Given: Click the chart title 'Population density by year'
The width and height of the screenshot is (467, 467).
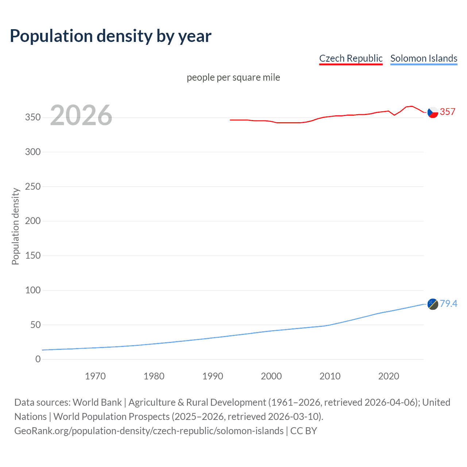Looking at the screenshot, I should tap(111, 36).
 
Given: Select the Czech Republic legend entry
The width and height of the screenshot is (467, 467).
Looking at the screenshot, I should tap(351, 58).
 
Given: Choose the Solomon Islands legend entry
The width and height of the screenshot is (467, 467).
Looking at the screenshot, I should tap(424, 58).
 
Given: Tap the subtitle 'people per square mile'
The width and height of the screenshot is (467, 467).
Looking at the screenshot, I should tap(233, 77).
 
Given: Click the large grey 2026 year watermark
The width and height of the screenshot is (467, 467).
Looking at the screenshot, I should tap(81, 115).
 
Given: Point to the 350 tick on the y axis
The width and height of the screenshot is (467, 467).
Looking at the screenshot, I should tap(33, 117).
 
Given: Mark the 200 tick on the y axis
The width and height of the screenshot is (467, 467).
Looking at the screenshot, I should tap(33, 221).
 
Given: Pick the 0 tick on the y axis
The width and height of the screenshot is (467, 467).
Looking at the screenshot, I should tap(38, 359).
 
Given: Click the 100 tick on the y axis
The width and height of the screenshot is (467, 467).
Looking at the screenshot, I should tap(33, 290).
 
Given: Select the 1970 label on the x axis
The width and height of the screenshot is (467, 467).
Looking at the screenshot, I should tap(95, 376).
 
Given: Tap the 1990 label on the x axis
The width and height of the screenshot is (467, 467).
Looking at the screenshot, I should tap(213, 376).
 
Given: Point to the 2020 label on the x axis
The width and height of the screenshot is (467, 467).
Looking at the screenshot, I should tap(389, 376).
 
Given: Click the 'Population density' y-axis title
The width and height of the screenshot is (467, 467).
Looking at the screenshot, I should tap(15, 226).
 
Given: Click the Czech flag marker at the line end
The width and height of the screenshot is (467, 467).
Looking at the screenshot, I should tap(433, 112).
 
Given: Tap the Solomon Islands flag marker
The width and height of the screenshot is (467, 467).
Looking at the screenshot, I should tap(433, 304).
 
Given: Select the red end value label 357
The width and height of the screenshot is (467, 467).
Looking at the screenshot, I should tap(448, 112).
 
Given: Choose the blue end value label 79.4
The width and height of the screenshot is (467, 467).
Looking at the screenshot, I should tap(448, 304).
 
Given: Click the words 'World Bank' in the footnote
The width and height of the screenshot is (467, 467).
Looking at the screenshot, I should tap(97, 402).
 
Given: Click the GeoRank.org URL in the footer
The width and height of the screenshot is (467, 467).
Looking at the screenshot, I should tap(149, 431).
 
